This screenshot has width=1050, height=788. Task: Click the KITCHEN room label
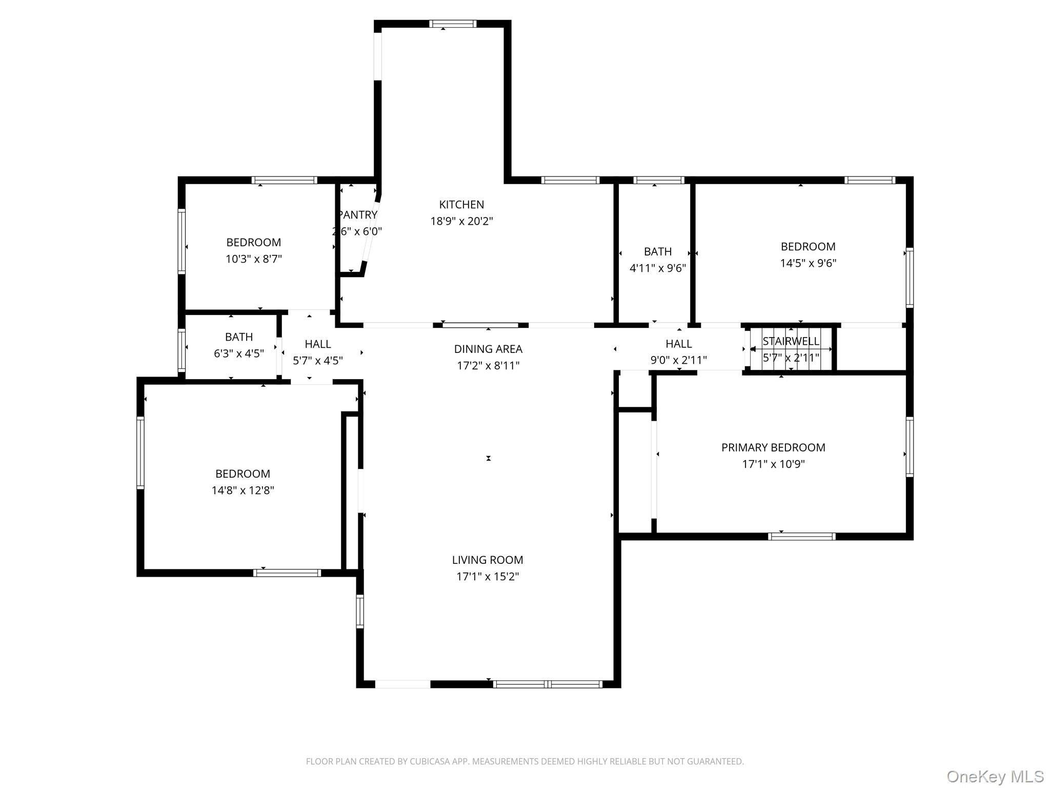point(461,205)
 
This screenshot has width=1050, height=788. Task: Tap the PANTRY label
point(358,215)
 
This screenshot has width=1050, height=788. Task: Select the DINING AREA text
point(488,349)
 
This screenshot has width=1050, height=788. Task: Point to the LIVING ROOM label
point(488,560)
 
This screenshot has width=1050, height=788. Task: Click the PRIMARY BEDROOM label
point(773,447)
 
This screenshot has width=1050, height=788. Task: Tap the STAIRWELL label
point(791,341)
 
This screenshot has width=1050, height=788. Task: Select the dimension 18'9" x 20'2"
point(461,221)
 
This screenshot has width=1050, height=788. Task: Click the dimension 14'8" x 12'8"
point(243,490)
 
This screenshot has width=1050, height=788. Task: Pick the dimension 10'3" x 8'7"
point(254,259)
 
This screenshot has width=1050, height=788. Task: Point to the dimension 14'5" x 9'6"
point(808,263)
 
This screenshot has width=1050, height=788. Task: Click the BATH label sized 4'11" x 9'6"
point(658,251)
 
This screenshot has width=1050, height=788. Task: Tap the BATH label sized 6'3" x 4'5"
point(239,337)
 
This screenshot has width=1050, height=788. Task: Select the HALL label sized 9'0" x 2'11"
point(679,344)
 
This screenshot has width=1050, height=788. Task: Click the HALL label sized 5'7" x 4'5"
point(318,344)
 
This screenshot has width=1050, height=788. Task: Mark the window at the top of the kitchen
point(453,24)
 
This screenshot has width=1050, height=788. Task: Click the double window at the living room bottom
point(548,684)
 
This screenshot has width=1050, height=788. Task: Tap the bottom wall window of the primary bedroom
point(802,537)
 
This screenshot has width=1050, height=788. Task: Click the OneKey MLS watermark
point(995,776)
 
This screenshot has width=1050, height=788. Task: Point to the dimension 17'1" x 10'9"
point(773,464)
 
